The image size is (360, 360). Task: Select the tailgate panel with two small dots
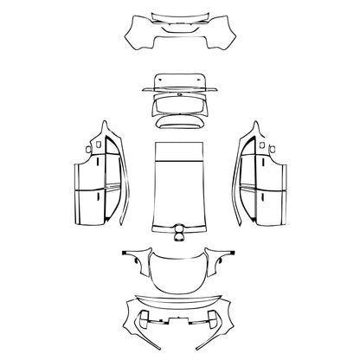pos(180,83)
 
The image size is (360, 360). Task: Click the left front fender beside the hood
pos(136,258)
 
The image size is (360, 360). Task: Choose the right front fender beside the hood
pos(224,258)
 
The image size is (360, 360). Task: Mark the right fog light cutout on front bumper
pos(208,319)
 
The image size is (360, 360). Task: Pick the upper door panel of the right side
pos(263,169)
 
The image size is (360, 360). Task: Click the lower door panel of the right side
pos(263,204)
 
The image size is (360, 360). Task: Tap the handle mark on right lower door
pos(258,193)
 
